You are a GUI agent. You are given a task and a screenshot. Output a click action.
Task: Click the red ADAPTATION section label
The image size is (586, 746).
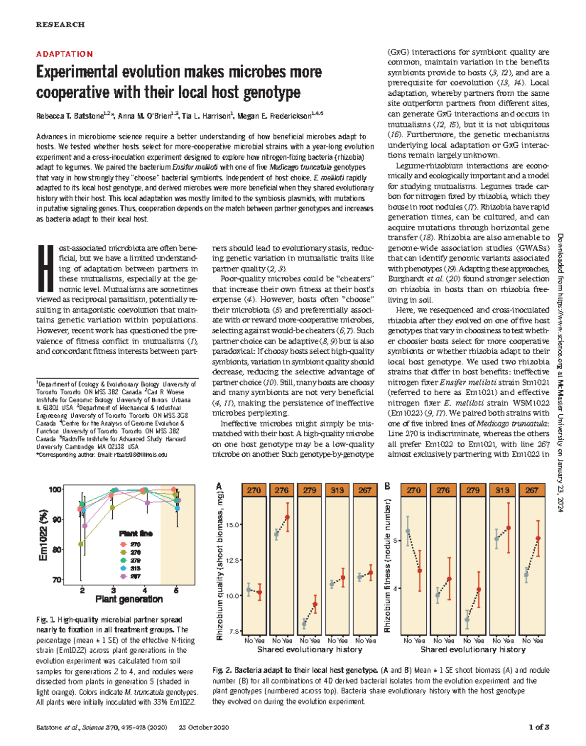click(64, 54)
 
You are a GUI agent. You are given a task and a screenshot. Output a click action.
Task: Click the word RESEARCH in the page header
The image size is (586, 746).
click(60, 24)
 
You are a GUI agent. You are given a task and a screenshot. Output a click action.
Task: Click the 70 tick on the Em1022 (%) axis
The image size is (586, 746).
click(56, 580)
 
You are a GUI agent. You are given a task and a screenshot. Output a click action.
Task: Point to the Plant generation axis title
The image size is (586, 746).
click(129, 599)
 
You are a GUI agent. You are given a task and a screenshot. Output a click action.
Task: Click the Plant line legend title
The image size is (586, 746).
click(136, 533)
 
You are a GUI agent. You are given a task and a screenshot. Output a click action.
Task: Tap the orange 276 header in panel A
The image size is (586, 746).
click(282, 490)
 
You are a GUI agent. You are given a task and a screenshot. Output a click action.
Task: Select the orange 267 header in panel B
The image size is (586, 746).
click(532, 490)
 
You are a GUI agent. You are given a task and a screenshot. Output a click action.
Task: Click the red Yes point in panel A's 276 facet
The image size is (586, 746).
click(288, 517)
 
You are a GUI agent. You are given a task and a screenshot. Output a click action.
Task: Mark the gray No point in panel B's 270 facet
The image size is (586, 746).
click(408, 531)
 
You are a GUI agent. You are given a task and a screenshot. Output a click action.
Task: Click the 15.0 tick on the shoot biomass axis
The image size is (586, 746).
click(232, 525)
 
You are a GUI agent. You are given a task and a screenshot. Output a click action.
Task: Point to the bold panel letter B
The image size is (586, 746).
click(387, 486)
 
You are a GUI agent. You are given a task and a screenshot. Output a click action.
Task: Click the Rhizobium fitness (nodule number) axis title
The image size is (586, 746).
click(387, 566)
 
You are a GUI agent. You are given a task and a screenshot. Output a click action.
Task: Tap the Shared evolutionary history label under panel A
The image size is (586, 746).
click(310, 650)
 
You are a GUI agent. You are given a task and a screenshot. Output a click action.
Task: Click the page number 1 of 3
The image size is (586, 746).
click(539, 727)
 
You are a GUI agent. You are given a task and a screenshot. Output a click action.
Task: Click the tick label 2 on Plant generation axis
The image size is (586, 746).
click(83, 590)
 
